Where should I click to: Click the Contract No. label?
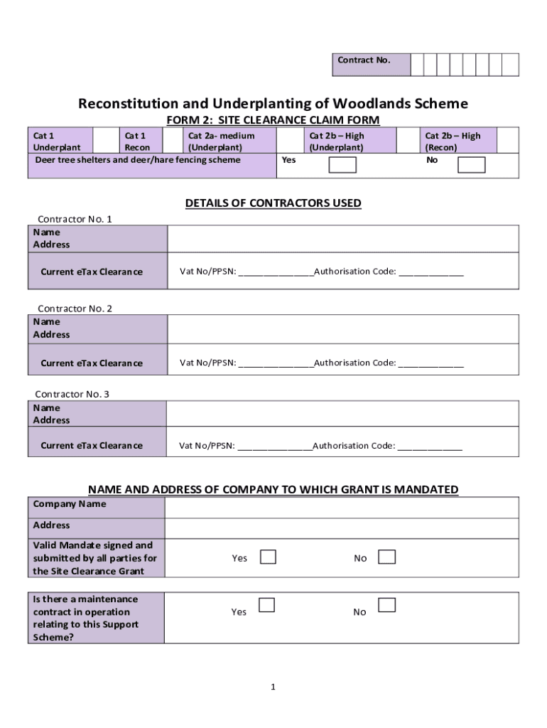pos(364,60)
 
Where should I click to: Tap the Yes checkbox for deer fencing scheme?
pos(342,165)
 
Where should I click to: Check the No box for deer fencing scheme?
pos(471,165)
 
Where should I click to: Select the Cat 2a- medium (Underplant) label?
pos(220,141)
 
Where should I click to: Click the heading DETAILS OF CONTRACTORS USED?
pos(273,203)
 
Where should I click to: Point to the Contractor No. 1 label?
pos(75,219)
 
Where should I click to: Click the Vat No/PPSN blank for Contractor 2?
pos(276,363)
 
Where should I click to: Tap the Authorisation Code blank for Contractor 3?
pos(429,446)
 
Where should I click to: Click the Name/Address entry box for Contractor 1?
pos(342,239)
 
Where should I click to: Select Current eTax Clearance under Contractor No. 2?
pos(92,363)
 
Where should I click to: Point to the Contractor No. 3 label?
pos(72,394)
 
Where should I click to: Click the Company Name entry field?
pos(341,508)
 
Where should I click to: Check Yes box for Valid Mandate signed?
pos(268,557)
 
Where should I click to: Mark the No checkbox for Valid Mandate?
pos(386,557)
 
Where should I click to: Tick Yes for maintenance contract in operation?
pos(266,605)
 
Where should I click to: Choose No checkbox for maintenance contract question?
pos(386,605)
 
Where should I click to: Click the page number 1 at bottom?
pos(273,687)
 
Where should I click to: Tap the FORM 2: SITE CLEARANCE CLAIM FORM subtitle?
pos(273,120)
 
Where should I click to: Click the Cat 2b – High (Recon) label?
pos(453,141)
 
